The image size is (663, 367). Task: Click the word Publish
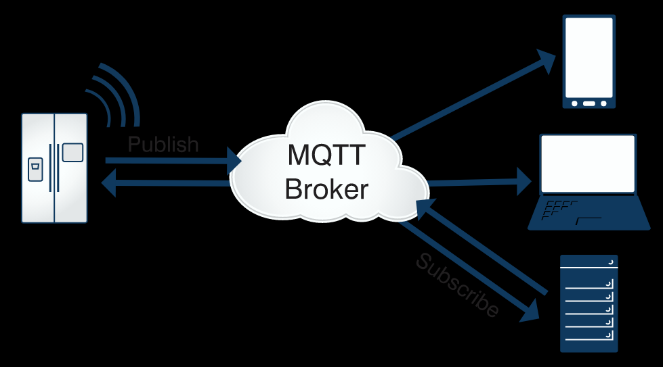point(163,145)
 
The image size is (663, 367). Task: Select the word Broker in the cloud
point(326,189)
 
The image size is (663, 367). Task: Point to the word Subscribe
point(458,285)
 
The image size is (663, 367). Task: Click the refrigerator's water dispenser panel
point(35,170)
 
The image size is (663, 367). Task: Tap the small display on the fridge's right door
point(72,153)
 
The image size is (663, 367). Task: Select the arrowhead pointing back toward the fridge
point(108,182)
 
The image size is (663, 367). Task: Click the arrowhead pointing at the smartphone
point(548,59)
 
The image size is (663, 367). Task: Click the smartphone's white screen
point(589,58)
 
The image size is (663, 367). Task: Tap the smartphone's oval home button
point(589,103)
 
